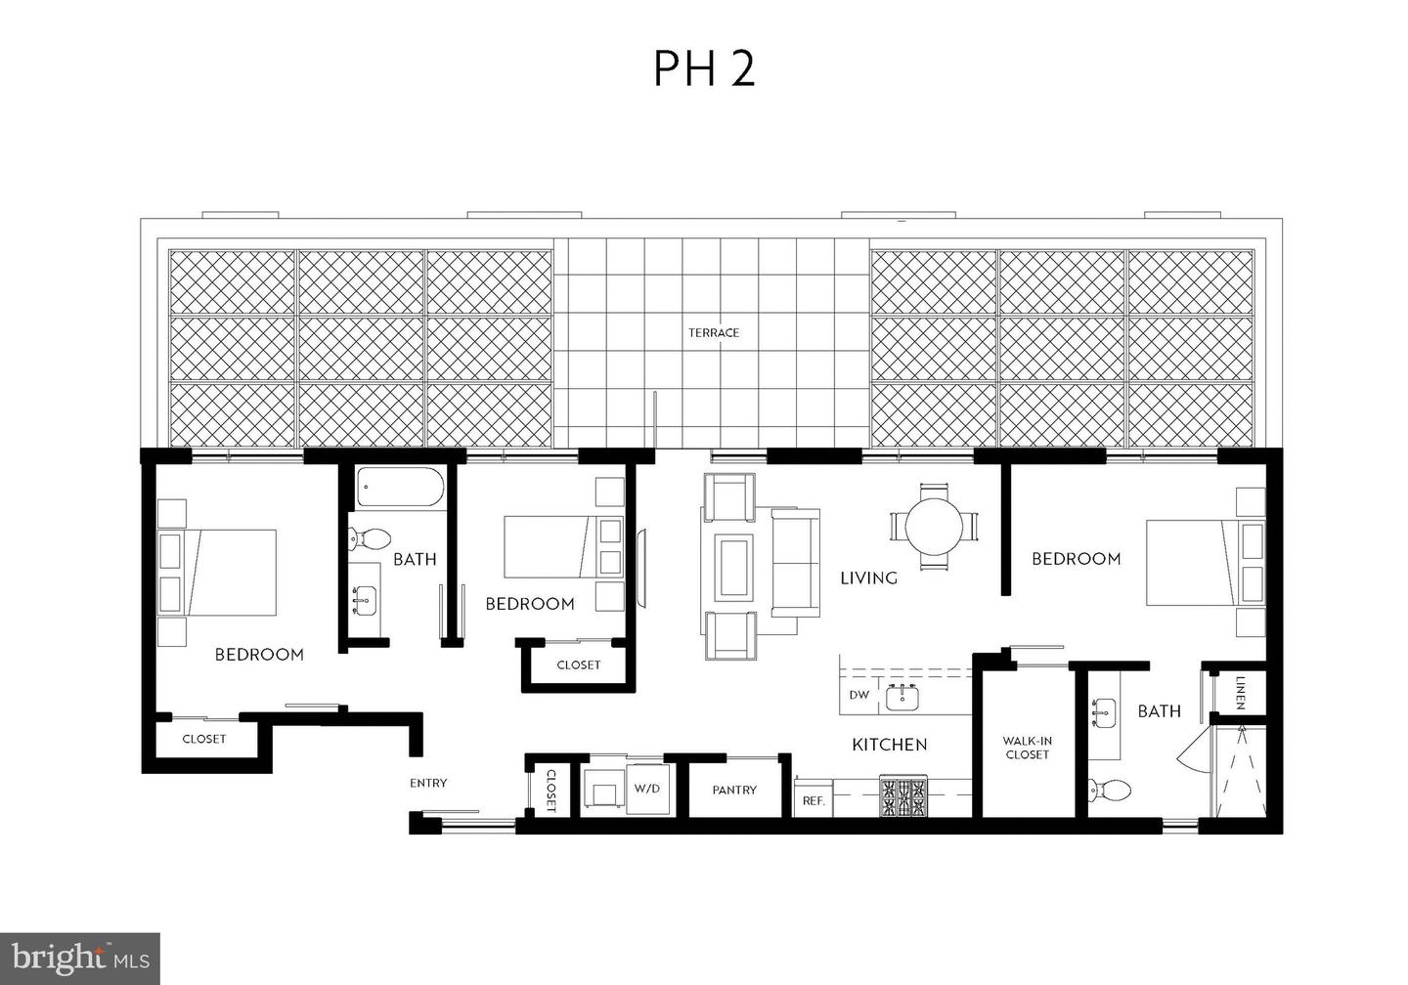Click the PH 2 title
(x=704, y=68)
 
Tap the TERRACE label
(x=714, y=333)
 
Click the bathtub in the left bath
(x=400, y=487)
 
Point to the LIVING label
(x=868, y=578)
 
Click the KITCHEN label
(x=889, y=745)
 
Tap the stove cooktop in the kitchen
(x=904, y=796)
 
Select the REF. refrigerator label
(x=814, y=800)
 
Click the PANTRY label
(x=734, y=790)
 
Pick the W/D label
(x=646, y=788)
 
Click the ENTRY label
(x=428, y=783)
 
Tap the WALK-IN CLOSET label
(x=1027, y=748)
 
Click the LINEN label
(x=1240, y=692)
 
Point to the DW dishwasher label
(x=858, y=696)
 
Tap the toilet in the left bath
(x=369, y=536)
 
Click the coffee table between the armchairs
(x=732, y=567)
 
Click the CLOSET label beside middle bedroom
(x=578, y=665)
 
